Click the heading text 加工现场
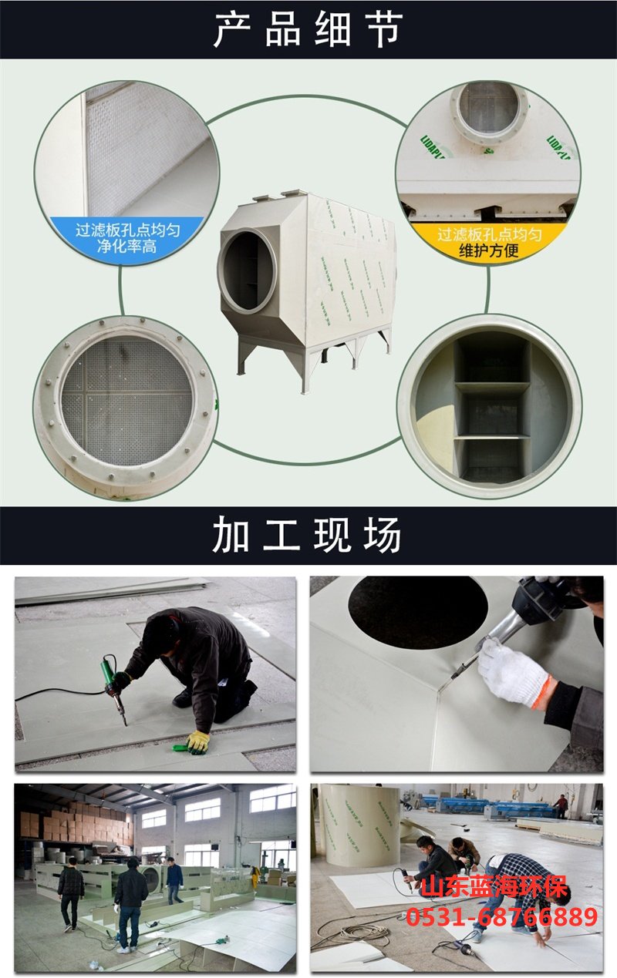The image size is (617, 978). (x=308, y=536)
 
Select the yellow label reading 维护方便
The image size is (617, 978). (x=489, y=251)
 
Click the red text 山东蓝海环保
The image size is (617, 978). (x=494, y=887)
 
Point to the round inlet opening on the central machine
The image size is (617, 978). (x=249, y=269)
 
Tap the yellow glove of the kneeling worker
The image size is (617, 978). (x=197, y=741)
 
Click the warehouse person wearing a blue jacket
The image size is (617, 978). (x=174, y=879)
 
